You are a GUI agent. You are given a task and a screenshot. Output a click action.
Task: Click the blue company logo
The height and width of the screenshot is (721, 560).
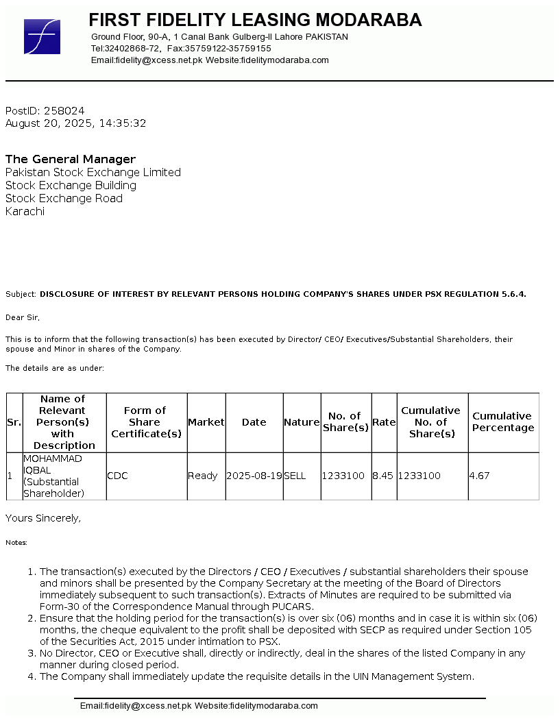[42, 37]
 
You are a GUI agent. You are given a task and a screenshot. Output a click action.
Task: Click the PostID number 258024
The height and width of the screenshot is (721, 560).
[64, 110]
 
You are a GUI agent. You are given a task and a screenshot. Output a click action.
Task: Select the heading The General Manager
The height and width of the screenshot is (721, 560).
[71, 159]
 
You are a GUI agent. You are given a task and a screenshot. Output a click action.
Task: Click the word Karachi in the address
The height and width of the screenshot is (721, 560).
[25, 211]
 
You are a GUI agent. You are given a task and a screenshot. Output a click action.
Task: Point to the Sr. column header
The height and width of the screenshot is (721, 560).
[14, 422]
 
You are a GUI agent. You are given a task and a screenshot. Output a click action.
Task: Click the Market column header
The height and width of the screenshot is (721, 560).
[206, 422]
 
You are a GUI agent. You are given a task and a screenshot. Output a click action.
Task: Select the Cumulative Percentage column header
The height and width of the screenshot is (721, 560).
[502, 421]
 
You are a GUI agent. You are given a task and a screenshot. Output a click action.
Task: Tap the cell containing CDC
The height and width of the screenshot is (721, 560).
[117, 476]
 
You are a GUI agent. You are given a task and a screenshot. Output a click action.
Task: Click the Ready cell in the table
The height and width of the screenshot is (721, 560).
[203, 476]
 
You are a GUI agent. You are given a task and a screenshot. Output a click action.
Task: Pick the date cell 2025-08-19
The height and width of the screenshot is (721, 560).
[254, 476]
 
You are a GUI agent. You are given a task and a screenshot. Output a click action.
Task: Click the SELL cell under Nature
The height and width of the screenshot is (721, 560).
[295, 476]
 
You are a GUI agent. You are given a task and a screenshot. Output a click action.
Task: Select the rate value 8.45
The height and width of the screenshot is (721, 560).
[383, 476]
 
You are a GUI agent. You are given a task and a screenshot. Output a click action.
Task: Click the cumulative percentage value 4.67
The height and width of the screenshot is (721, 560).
[480, 476]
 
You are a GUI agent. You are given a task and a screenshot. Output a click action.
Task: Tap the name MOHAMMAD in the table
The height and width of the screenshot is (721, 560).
[52, 458]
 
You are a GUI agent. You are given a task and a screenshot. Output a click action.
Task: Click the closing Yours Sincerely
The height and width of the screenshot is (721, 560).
[43, 518]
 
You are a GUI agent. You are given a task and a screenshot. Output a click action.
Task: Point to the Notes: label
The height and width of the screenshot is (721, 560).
[16, 543]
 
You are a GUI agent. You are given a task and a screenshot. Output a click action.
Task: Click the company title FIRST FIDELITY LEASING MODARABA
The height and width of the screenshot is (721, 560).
[255, 20]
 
